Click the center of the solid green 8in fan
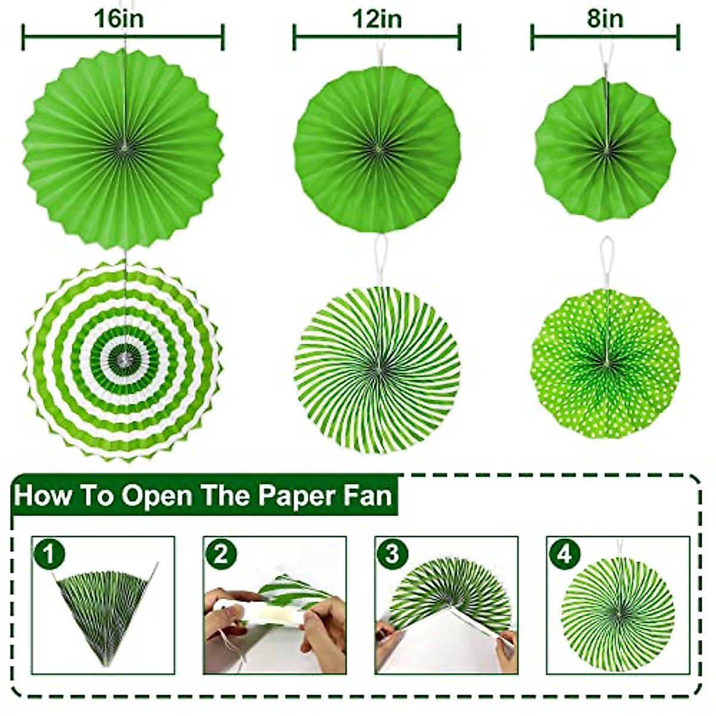[605, 149]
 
